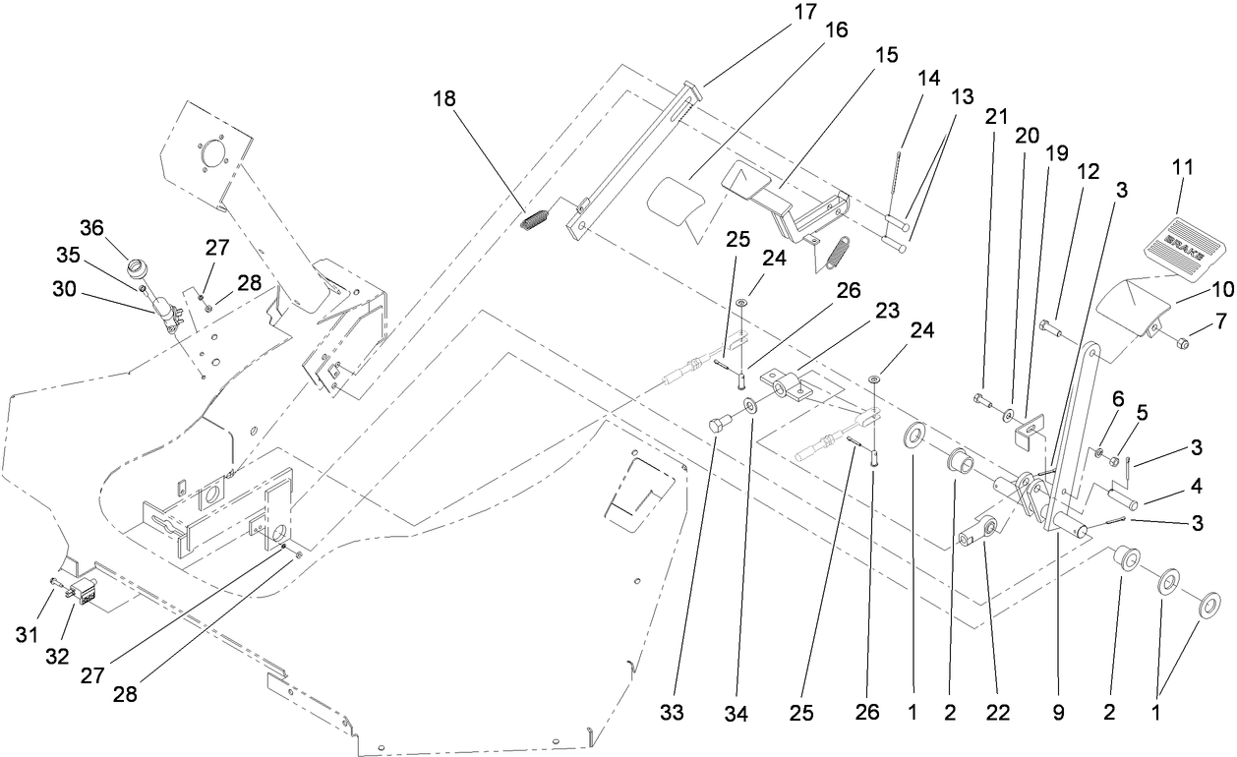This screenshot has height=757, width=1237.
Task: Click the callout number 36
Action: coord(91,227)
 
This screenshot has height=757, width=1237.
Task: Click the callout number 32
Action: coord(57,656)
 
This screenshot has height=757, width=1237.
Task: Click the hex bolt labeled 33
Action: coord(718,425)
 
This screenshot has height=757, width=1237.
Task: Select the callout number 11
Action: coord(1181,167)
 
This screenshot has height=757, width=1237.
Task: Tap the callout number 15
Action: coord(886,55)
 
